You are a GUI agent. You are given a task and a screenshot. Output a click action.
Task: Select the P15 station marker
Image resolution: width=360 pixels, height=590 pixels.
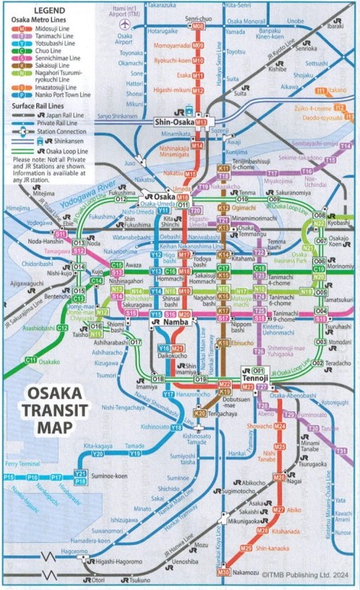coord(9,477)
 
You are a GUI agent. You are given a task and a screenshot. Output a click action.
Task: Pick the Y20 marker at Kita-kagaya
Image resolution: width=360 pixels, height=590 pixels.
coord(98,454)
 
